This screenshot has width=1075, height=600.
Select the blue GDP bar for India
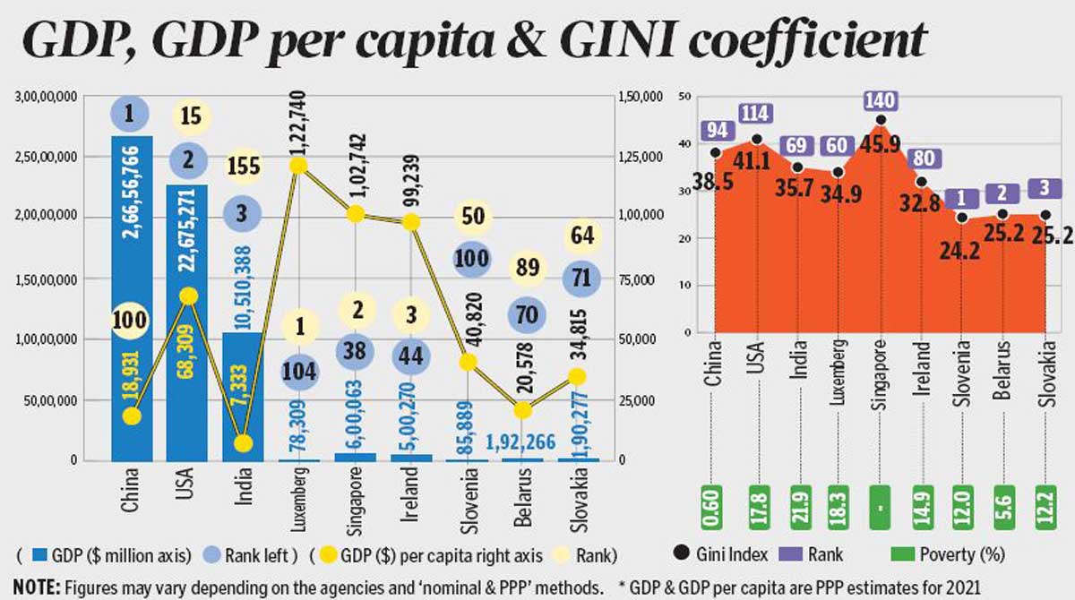click(x=242, y=394)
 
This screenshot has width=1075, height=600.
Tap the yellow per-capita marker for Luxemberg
click(x=298, y=166)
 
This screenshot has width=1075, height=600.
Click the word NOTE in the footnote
click(x=36, y=587)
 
